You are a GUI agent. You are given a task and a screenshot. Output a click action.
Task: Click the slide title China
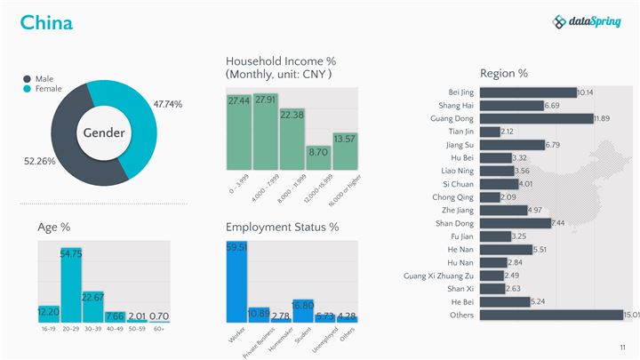(x=46, y=22)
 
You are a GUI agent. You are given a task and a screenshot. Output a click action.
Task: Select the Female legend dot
(x=28, y=89)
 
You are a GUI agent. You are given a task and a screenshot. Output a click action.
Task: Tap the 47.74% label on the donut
(x=167, y=104)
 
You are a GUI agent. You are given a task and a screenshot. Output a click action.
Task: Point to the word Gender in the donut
(x=104, y=133)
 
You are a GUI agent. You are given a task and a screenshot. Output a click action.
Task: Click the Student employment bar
(x=303, y=310)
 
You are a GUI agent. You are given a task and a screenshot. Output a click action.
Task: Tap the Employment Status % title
(x=282, y=228)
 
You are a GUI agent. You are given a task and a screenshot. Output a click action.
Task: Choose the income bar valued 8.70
(x=318, y=157)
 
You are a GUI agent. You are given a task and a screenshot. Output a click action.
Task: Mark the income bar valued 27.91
(x=265, y=131)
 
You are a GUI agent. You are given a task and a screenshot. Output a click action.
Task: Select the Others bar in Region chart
(x=551, y=315)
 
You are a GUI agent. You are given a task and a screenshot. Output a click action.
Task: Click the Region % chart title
(x=504, y=73)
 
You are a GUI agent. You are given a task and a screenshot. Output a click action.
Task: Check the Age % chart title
(x=54, y=228)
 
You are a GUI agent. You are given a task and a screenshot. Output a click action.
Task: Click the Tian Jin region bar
(x=490, y=132)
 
